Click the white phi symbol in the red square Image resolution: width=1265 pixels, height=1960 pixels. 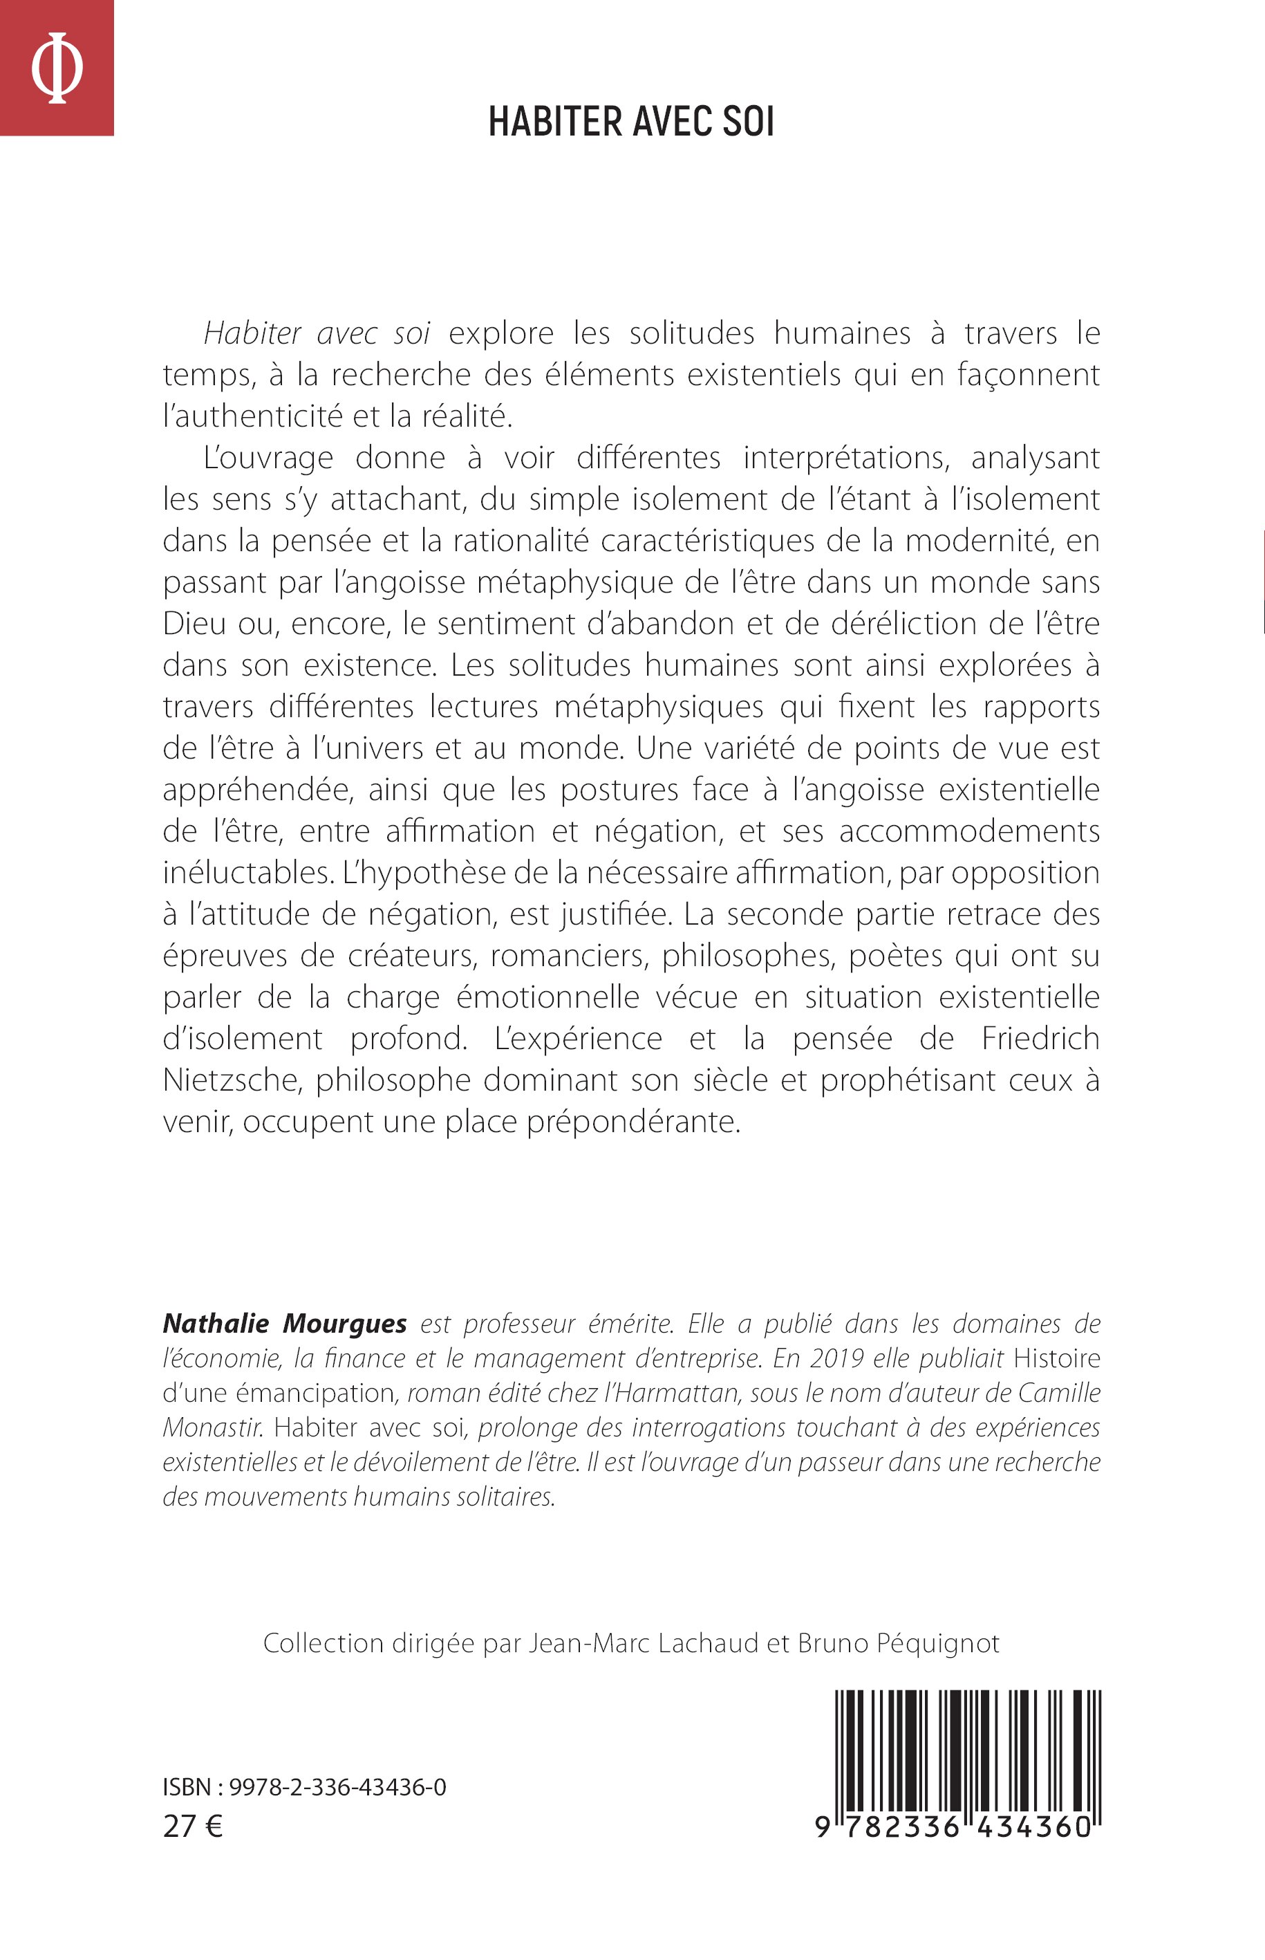(57, 67)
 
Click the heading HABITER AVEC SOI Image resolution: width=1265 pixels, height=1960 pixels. (631, 122)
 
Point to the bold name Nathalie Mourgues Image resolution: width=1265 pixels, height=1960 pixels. (284, 1324)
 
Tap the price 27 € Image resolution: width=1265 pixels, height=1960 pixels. (193, 1826)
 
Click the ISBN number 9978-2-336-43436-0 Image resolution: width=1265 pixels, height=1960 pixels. (337, 1787)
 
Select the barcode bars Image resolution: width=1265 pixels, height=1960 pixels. (968, 1750)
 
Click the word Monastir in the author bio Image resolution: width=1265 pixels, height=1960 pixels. (213, 1427)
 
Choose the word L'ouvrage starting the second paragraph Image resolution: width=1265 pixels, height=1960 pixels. (268, 458)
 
